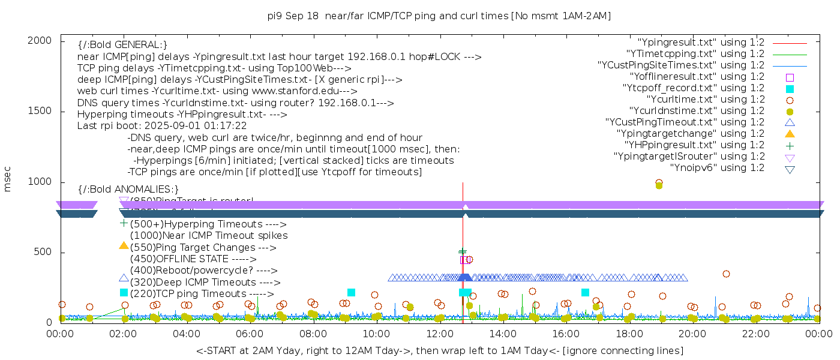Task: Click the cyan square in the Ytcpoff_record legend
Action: (x=790, y=89)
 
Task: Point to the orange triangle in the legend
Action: (x=790, y=134)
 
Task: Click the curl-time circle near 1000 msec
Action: (x=659, y=183)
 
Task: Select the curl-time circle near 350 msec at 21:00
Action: (x=726, y=274)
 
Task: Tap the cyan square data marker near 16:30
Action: (x=585, y=292)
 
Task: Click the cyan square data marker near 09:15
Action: (x=351, y=292)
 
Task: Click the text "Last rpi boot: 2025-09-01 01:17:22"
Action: (x=162, y=127)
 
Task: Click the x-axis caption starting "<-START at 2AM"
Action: (x=439, y=350)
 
